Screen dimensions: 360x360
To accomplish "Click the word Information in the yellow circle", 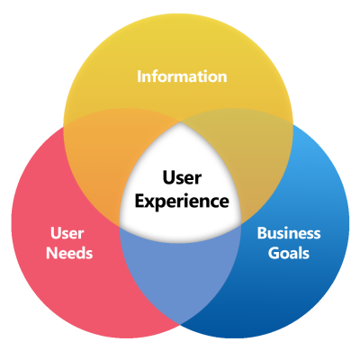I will click(181, 76).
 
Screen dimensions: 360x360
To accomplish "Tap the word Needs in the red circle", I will click(70, 253).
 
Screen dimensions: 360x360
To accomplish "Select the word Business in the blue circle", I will click(289, 232).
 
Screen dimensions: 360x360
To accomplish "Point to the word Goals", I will click(289, 253).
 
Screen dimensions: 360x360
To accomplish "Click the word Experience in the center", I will click(182, 200).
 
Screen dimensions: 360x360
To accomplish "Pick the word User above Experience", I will click(182, 179).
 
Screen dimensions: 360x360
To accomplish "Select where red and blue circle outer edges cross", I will click(180, 326).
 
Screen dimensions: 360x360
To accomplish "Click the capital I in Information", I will click(139, 76).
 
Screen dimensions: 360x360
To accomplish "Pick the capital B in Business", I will click(262, 232).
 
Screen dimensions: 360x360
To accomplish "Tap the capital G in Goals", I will click(271, 253).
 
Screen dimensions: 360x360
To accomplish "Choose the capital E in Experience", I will click(139, 200).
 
